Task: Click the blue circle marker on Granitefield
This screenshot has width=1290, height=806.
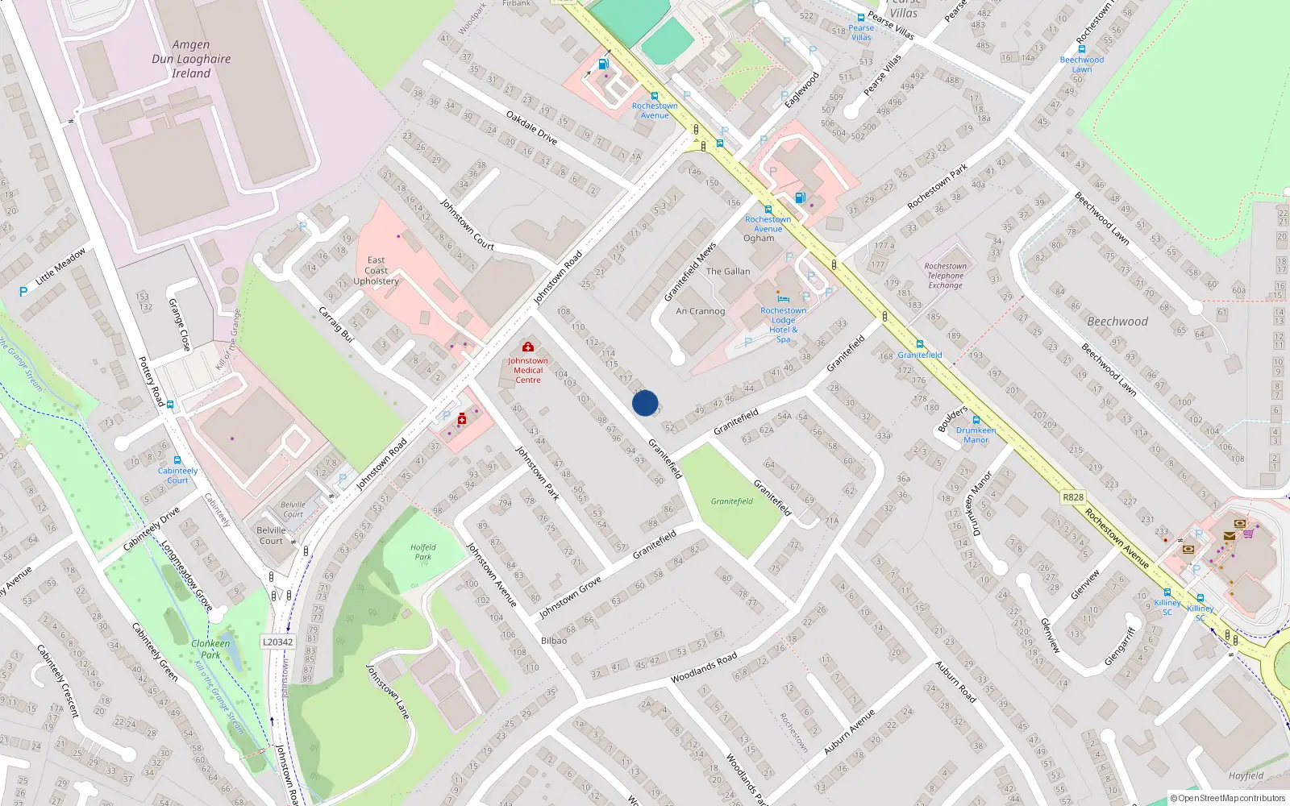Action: pos(645,403)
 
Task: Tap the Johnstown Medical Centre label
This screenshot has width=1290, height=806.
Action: pos(528,371)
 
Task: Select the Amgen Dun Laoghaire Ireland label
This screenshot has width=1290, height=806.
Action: pos(191,59)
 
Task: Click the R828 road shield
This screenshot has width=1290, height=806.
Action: pos(1073,497)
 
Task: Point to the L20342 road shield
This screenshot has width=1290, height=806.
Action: pos(278,642)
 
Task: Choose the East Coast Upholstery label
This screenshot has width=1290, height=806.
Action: pos(376,271)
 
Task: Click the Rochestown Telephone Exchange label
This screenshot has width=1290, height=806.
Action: pos(945,276)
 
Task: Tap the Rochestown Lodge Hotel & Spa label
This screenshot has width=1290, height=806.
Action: pos(783,325)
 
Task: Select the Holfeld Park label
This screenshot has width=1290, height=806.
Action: pos(423,552)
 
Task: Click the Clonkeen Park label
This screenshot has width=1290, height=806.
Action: pos(210,649)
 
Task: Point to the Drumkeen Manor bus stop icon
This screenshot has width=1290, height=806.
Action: pos(976,420)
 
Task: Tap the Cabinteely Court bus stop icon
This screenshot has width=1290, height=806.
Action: pos(177,460)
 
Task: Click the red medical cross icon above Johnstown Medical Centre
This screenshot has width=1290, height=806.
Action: pos(528,347)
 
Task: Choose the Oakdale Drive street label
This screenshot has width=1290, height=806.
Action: pos(531,128)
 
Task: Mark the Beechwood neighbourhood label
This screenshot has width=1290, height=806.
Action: pos(1117,322)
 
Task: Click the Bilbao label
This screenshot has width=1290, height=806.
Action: pos(554,641)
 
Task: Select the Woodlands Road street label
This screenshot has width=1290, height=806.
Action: pos(704,668)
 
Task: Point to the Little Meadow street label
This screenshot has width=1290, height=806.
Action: pos(60,266)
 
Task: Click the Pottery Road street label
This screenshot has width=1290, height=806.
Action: pos(152,381)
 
